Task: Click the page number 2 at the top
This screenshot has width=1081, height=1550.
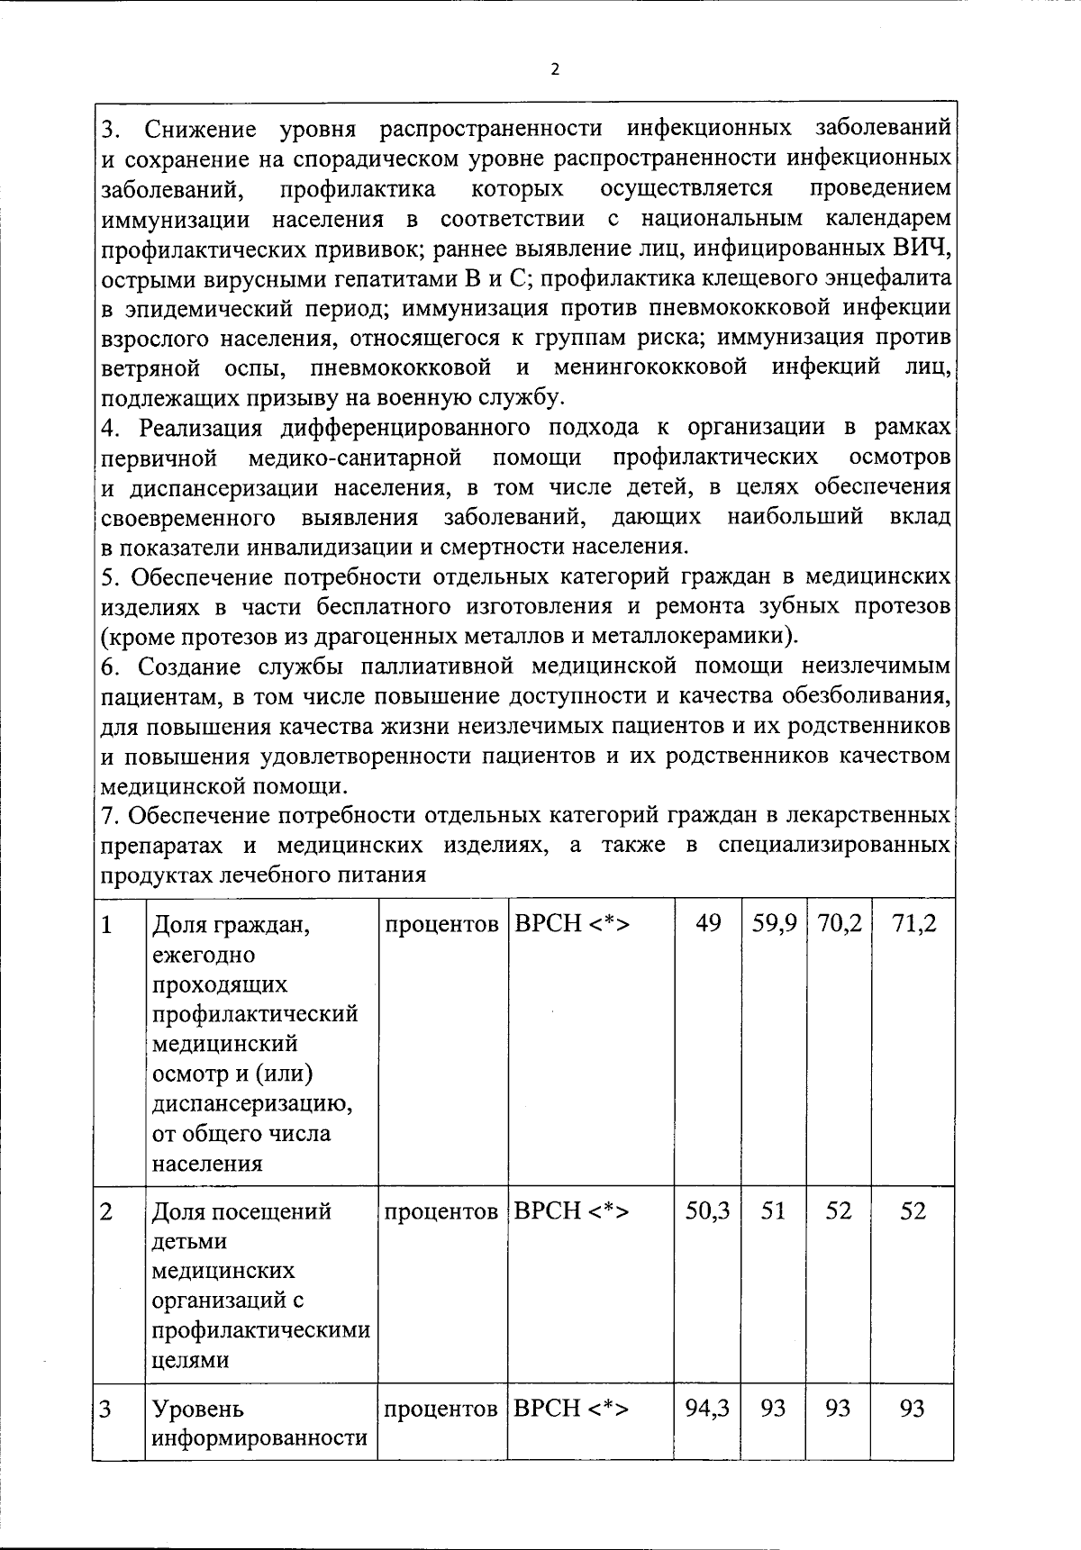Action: pyautogui.click(x=555, y=69)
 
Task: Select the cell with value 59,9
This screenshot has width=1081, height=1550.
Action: pyautogui.click(x=775, y=924)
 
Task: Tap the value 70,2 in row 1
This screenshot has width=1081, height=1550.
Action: pyautogui.click(x=839, y=924)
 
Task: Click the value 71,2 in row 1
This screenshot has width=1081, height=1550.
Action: pyautogui.click(x=913, y=924)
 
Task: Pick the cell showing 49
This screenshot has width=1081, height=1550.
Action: pyautogui.click(x=708, y=924)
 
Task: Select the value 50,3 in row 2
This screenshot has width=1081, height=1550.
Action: pyautogui.click(x=707, y=1211)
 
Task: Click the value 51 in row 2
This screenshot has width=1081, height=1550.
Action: pyautogui.click(x=774, y=1211)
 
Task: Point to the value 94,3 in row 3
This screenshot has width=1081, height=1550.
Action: pyautogui.click(x=707, y=1408)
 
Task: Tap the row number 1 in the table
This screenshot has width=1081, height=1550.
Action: pyautogui.click(x=107, y=925)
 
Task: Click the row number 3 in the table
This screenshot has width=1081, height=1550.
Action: pyautogui.click(x=106, y=1409)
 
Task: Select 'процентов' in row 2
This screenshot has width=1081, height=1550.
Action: pyautogui.click(x=441, y=1212)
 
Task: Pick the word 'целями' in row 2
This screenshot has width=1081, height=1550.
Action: pyautogui.click(x=189, y=1360)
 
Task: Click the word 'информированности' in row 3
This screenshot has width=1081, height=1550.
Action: pyautogui.click(x=259, y=1437)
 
